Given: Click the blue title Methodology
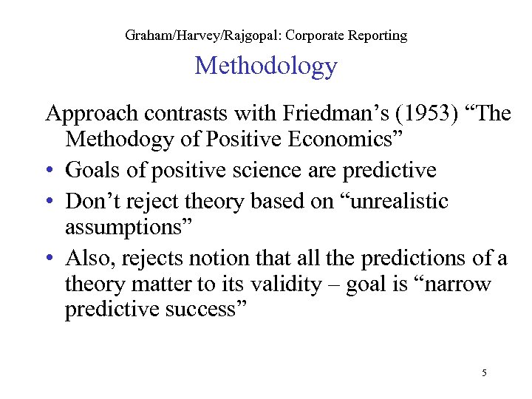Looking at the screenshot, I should click(x=265, y=67).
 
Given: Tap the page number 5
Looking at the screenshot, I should click(x=483, y=373).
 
